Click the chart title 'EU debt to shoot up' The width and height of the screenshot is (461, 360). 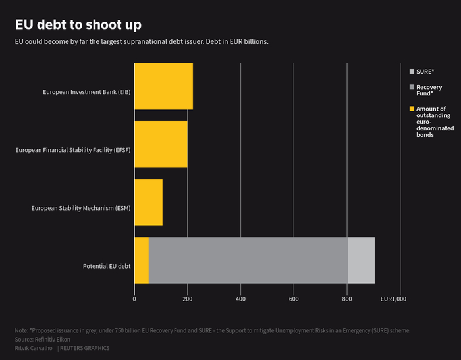pyautogui.click(x=78, y=25)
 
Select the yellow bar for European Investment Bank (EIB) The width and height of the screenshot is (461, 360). pyautogui.click(x=163, y=86)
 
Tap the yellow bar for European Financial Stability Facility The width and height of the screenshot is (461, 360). pyautogui.click(x=161, y=144)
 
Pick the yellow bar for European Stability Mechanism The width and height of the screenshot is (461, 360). pyautogui.click(x=148, y=202)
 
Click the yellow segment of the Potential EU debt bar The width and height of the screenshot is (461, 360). pyautogui.click(x=142, y=260)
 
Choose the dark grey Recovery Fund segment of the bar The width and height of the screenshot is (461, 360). pyautogui.click(x=248, y=260)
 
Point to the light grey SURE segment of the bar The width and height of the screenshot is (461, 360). pyautogui.click(x=361, y=260)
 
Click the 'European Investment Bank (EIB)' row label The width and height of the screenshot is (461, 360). pyautogui.click(x=87, y=92)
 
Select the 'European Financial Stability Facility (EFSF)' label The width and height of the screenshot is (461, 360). pyautogui.click(x=73, y=150)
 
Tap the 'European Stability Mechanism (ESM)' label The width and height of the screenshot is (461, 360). pyautogui.click(x=81, y=208)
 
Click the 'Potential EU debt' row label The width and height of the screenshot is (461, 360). pyautogui.click(x=107, y=266)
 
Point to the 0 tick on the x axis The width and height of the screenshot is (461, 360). pyautogui.click(x=134, y=299)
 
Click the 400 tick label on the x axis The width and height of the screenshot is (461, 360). pyautogui.click(x=240, y=299)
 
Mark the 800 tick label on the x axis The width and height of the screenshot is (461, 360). pyautogui.click(x=347, y=299)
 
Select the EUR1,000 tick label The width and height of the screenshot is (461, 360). pyautogui.click(x=394, y=299)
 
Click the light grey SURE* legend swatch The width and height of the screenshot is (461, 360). pyautogui.click(x=412, y=71)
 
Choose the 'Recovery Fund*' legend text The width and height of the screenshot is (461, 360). pyautogui.click(x=429, y=90)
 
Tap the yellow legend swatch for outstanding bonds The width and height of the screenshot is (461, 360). pyautogui.click(x=412, y=109)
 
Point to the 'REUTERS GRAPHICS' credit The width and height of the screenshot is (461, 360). pyautogui.click(x=84, y=348)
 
